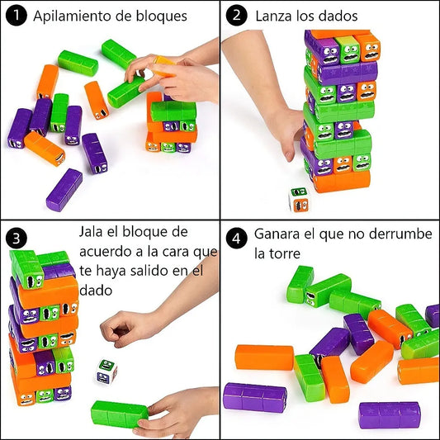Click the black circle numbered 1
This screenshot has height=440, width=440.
point(17,16)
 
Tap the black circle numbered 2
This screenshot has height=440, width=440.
point(237,16)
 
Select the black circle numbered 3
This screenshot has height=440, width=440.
point(17,239)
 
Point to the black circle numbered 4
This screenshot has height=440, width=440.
point(237,239)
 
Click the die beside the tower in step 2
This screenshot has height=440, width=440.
point(298,199)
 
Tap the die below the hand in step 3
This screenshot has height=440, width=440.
point(106,371)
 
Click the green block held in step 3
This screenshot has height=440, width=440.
point(120,414)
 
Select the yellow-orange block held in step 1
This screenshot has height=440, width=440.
point(163,67)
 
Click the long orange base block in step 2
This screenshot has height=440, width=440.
point(342,182)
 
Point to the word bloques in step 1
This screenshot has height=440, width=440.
point(162,17)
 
